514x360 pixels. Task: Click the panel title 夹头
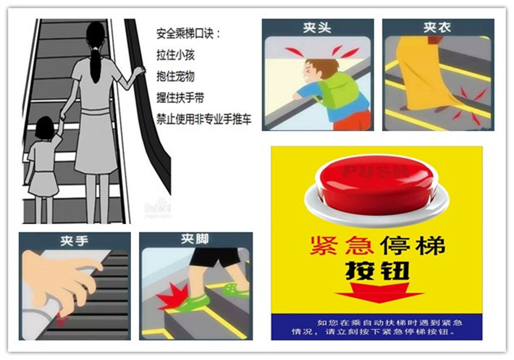[317, 28]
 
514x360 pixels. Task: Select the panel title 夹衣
[438, 28]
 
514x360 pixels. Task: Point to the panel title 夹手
[75, 241]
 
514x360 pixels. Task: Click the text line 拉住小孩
[174, 54]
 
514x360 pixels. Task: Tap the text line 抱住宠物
[174, 75]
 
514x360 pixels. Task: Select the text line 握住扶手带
[180, 97]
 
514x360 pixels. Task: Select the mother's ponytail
[95, 62]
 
